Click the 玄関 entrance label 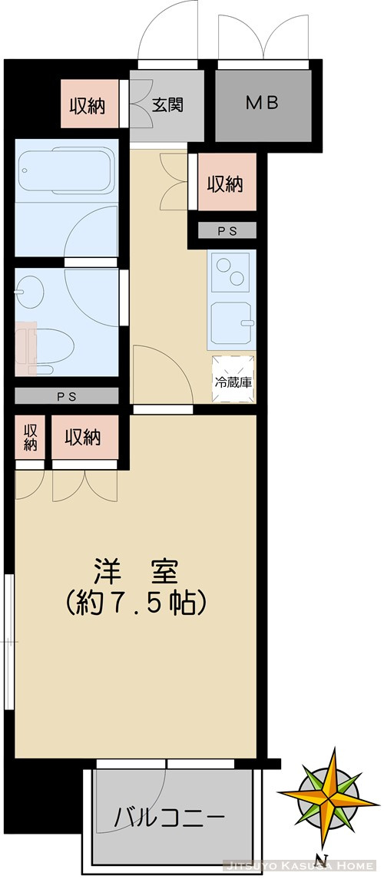click(167, 106)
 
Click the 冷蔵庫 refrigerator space click(233, 381)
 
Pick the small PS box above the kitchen click(227, 230)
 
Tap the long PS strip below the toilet click(68, 396)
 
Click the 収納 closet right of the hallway click(226, 184)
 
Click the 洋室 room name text click(137, 571)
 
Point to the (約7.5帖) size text click(137, 603)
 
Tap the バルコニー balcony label click(170, 816)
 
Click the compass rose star click(331, 792)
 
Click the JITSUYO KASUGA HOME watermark click(302, 866)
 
